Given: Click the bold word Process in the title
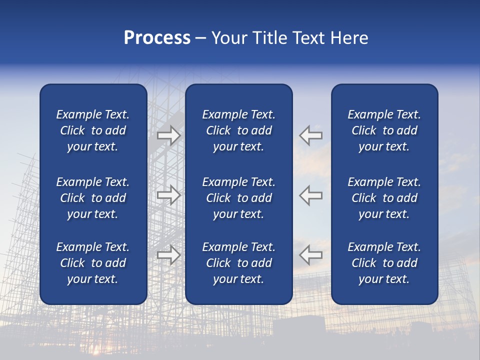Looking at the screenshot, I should pos(157,38).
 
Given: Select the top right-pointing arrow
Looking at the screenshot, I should pos(169,135).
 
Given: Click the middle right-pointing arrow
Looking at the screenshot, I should pos(169,195).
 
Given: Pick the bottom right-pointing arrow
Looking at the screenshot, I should pos(169,255).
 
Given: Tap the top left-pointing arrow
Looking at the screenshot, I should pos(310,135).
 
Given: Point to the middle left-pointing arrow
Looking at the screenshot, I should pos(310,195).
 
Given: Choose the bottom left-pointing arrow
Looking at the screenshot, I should pos(310,255).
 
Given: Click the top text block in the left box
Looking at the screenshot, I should pos(93,130).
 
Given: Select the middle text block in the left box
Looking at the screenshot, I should pos(93,198).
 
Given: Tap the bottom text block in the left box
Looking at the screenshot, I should pos(93,263).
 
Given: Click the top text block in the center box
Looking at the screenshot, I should pos(238,130).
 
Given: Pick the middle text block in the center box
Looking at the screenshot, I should pos(238,198).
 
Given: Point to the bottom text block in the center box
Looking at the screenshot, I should pos(238,263).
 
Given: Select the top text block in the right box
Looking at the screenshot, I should pos(384,130).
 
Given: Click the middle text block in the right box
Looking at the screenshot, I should pos(384,198).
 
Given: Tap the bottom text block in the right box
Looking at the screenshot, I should pos(384,263).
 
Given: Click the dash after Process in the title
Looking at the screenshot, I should pos(200,38).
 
